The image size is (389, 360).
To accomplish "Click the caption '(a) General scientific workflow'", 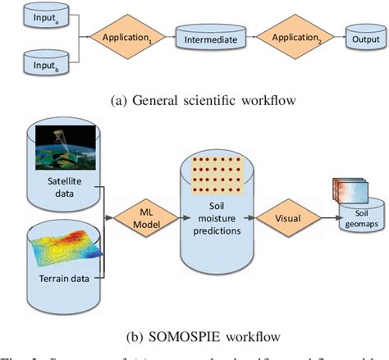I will coord(194,101).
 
